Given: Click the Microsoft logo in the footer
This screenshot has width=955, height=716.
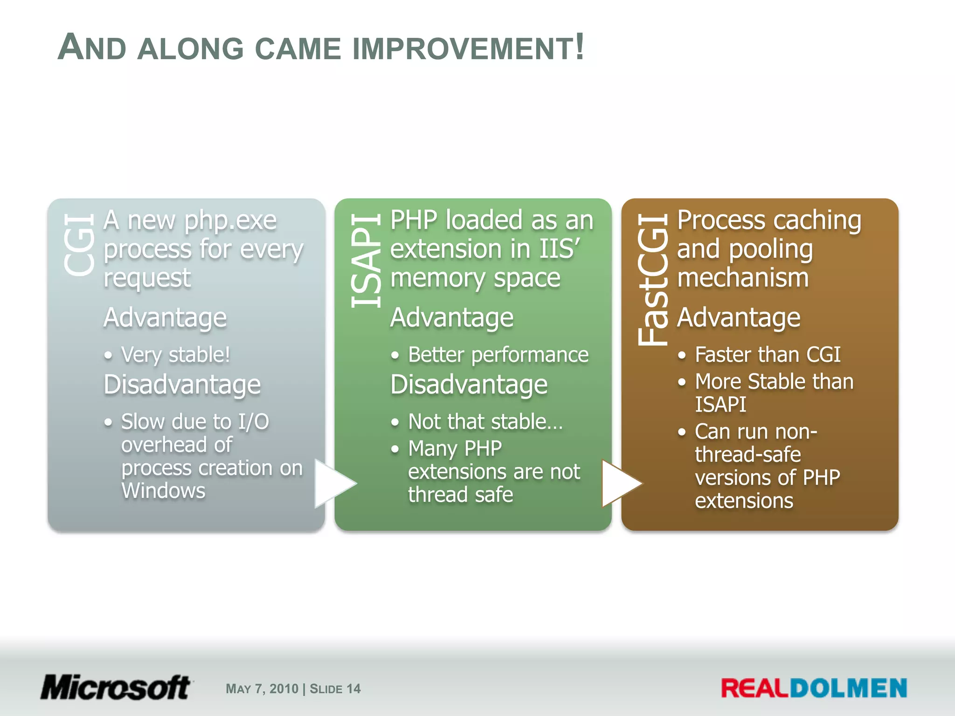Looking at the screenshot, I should (115, 688).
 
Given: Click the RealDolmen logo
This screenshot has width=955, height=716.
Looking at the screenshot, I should (814, 688).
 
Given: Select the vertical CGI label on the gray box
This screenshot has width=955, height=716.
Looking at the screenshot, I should (79, 245).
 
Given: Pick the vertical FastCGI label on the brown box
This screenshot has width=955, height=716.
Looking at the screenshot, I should (653, 280).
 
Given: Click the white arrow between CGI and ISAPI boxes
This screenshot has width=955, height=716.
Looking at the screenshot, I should (333, 483).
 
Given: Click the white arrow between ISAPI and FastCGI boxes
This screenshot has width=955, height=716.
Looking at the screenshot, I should (620, 483).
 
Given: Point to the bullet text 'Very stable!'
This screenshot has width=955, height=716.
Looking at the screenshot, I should (175, 355).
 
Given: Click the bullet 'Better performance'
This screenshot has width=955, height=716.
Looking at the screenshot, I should (498, 355).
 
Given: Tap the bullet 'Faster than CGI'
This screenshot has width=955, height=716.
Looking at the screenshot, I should (768, 355).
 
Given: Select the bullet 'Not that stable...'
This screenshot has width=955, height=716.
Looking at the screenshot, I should (485, 421).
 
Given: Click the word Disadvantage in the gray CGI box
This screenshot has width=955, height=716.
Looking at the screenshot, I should (182, 385).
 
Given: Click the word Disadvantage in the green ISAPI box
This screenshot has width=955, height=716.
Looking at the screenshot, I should (469, 385).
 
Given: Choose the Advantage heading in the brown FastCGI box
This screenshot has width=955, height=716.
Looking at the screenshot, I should (739, 318).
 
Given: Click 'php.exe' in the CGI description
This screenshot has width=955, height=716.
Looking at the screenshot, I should (230, 220).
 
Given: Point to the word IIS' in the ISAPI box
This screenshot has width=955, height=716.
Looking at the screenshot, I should (560, 249).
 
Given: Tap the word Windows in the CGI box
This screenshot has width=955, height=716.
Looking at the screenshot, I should (163, 491).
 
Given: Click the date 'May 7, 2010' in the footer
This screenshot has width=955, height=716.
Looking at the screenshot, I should (262, 689).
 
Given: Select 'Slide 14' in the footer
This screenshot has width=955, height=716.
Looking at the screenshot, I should (335, 689).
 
